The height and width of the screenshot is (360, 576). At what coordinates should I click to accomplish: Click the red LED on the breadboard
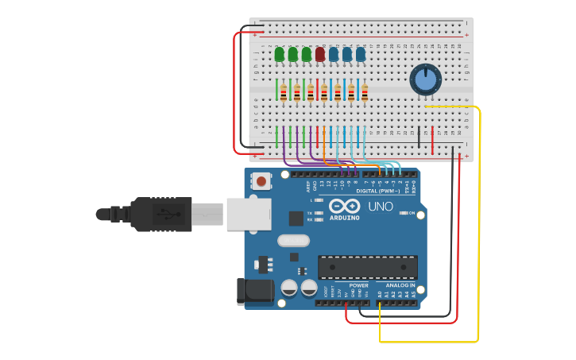tap(320, 54)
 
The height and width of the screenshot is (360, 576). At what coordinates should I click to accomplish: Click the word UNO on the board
tap(381, 207)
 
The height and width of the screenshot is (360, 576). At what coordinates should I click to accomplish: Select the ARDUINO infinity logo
tap(345, 206)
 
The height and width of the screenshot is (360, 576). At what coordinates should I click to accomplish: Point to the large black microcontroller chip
tap(367, 267)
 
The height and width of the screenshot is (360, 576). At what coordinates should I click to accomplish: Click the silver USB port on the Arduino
tap(249, 214)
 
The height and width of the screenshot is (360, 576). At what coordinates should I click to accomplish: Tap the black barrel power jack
tap(254, 291)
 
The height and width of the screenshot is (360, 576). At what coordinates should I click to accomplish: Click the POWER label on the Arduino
tap(359, 285)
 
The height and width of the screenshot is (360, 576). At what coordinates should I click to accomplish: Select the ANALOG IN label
tap(401, 285)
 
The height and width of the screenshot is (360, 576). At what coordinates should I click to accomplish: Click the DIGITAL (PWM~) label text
tap(377, 191)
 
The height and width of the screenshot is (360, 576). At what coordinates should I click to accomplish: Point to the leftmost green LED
tap(280, 54)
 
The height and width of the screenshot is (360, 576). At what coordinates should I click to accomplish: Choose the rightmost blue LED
tap(361, 54)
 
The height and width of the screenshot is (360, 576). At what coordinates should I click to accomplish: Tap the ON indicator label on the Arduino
tap(412, 213)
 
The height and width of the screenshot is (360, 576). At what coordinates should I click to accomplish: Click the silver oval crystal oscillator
tap(292, 239)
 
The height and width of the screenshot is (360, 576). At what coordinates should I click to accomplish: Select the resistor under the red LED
tap(323, 93)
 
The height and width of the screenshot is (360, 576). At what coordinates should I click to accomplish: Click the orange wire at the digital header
tap(379, 169)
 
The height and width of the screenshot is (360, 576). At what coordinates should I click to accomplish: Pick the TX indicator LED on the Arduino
tap(319, 212)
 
